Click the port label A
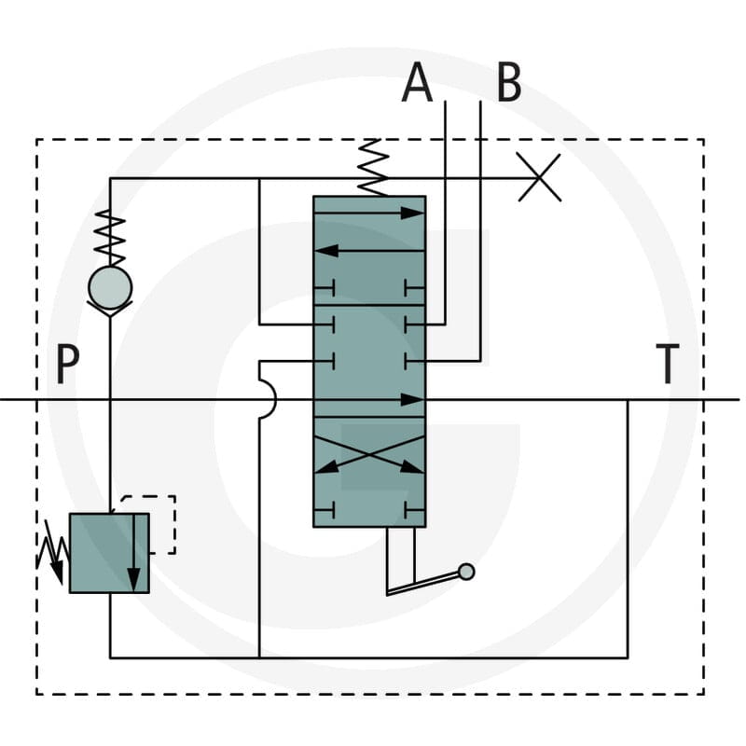click(417, 83)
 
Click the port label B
click(508, 83)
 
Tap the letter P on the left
click(67, 364)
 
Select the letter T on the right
click(668, 364)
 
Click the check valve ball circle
click(110, 288)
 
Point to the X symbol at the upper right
click(539, 177)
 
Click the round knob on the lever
click(465, 572)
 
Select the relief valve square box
click(109, 553)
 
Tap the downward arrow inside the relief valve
click(134, 553)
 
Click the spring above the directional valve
click(372, 168)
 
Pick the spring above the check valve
click(110, 238)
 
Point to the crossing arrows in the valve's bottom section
click(369, 454)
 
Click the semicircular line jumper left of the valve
click(269, 399)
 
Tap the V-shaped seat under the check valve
click(110, 310)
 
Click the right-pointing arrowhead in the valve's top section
click(412, 214)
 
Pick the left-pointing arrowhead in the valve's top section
click(327, 251)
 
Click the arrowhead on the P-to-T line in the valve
click(412, 400)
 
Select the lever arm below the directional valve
click(423, 584)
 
